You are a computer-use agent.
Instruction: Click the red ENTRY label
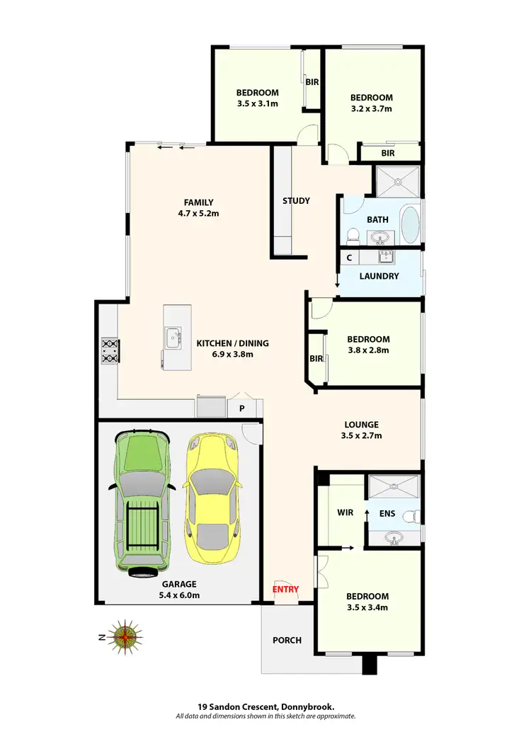[x=285, y=589]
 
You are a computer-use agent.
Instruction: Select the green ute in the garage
[x=142, y=503]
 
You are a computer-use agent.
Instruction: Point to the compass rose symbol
[x=125, y=636]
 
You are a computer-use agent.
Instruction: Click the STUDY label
[x=296, y=200]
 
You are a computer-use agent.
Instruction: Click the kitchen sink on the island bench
[x=173, y=338]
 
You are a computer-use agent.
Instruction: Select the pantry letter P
[x=241, y=408]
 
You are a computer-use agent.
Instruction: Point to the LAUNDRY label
[x=379, y=276]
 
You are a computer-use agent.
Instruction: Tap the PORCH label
[x=287, y=640]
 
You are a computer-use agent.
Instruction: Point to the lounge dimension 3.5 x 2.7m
[x=361, y=435]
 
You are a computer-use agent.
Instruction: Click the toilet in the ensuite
[x=413, y=518]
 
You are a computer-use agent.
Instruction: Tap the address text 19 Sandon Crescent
[x=238, y=706]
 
